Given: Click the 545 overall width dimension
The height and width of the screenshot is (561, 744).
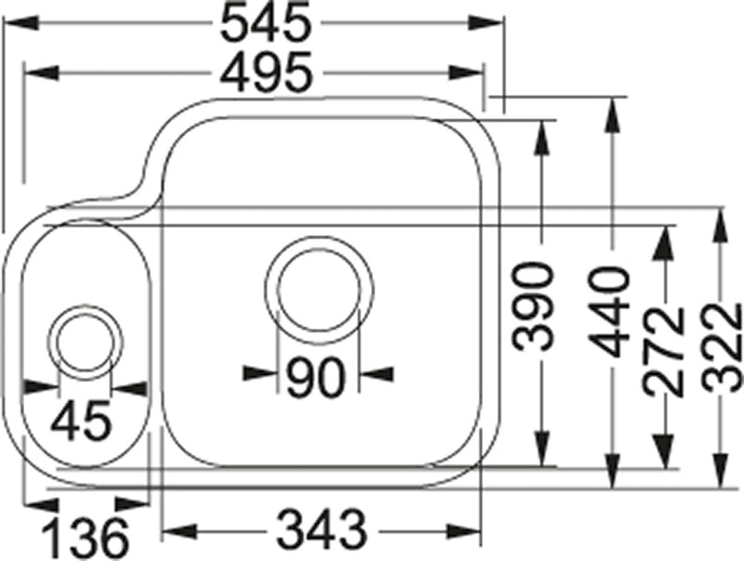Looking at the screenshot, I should click(x=264, y=25).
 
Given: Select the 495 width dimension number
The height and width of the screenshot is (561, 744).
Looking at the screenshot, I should click(x=264, y=73).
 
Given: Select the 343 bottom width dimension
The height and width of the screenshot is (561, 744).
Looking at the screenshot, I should click(x=320, y=532).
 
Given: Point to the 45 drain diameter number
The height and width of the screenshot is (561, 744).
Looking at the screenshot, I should click(x=81, y=422).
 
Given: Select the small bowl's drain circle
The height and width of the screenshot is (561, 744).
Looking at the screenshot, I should click(x=86, y=342).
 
